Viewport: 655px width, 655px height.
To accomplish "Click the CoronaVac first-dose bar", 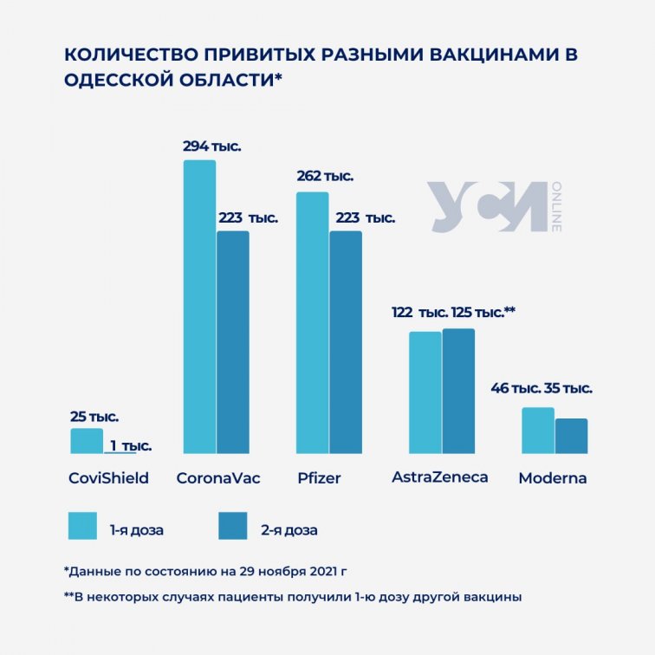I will (199, 307).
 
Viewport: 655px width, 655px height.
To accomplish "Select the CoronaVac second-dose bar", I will (232, 341).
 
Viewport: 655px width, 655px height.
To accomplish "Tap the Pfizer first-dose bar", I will (313, 322).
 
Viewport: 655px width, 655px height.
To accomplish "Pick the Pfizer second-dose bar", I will (346, 341).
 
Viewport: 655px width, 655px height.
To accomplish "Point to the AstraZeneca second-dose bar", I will (458, 391).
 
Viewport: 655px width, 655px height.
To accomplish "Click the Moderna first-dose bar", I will (538, 430).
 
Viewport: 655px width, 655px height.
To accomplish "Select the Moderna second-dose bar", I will (571, 436).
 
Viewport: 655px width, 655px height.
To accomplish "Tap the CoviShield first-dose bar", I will (87, 441).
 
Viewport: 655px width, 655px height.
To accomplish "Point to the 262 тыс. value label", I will (325, 176).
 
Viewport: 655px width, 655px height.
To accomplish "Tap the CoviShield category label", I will (108, 478).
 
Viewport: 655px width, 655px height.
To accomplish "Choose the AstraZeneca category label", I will (440, 477).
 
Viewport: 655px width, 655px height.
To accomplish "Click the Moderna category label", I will (552, 478).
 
